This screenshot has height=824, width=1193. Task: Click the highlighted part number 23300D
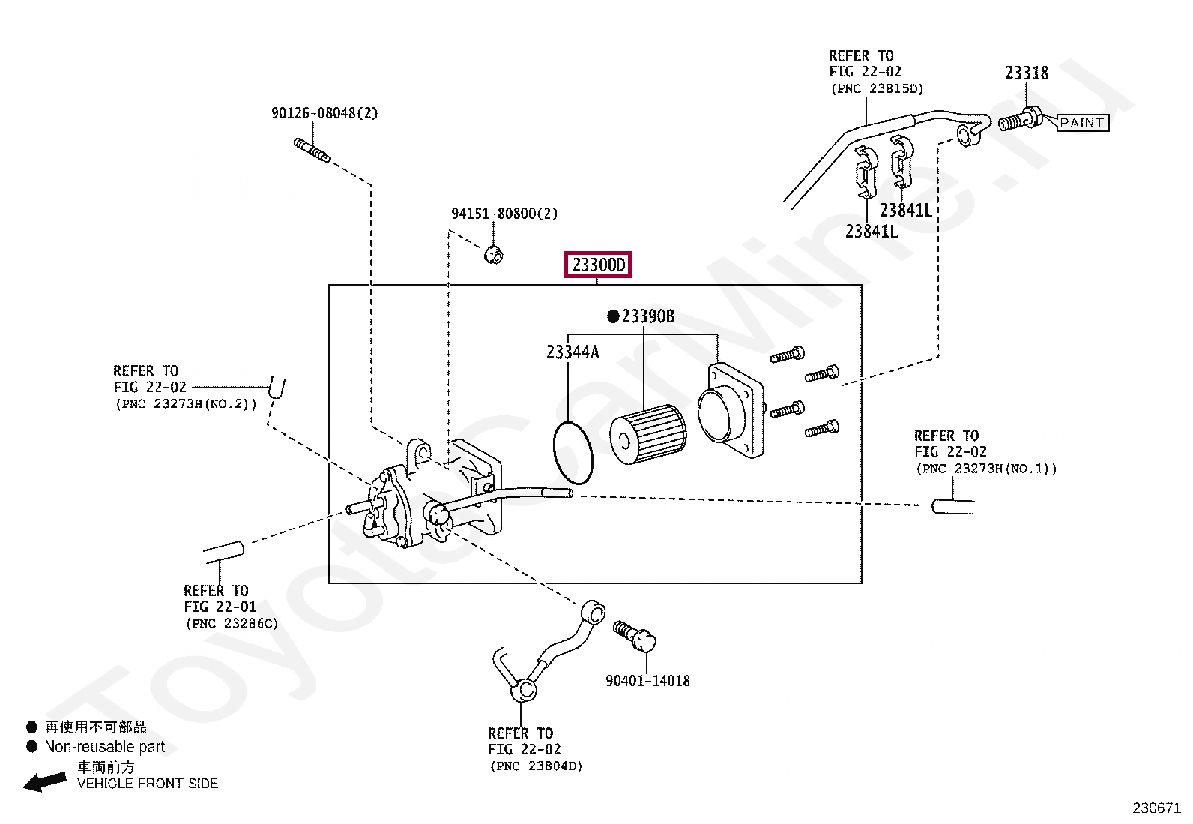[x=598, y=265]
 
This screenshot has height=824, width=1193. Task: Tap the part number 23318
[x=1027, y=73]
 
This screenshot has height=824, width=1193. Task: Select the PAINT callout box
[x=1082, y=122]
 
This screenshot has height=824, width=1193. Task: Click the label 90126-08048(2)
[x=324, y=113]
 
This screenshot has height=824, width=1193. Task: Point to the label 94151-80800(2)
[x=504, y=214]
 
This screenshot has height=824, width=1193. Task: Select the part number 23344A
[x=573, y=352]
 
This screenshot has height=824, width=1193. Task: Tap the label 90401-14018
[x=647, y=681]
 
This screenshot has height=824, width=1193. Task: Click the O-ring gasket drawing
[x=555, y=453]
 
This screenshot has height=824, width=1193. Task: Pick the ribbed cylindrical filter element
[x=647, y=434]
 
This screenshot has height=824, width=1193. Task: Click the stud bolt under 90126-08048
[x=312, y=150]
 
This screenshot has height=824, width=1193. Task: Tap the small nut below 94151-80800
[x=494, y=255]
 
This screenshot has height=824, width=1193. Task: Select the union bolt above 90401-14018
[x=635, y=635]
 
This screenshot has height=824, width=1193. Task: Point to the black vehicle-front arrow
[x=45, y=781]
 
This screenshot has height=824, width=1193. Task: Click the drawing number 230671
[x=1156, y=808]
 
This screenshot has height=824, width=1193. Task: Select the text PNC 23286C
[x=232, y=624]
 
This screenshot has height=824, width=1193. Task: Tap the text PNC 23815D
[x=878, y=89]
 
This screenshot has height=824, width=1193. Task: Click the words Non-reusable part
[x=104, y=747]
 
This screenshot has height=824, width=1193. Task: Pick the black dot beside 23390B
[x=613, y=316]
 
